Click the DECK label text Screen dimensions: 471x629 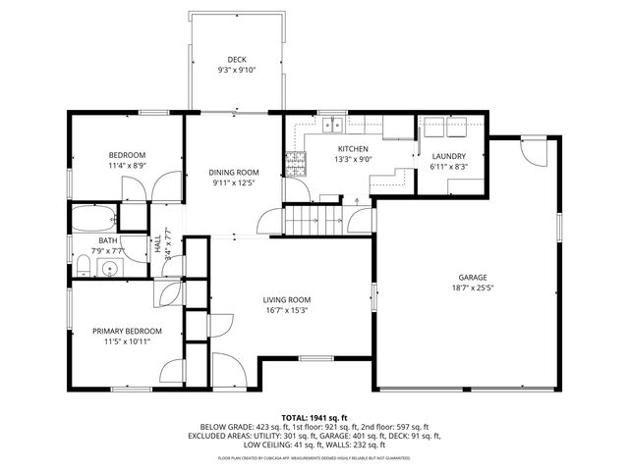[x=237, y=60]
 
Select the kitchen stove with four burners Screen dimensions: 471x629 [x=293, y=163]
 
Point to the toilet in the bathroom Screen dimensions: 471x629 [x=81, y=266]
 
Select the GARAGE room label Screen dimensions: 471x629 [x=473, y=277]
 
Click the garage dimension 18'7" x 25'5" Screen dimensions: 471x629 [x=473, y=288]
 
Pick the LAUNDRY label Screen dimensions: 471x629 [x=448, y=156]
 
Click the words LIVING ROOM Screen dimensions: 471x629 [x=286, y=299]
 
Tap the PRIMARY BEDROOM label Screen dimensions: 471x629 [x=128, y=331]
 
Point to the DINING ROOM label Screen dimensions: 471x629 [x=235, y=172]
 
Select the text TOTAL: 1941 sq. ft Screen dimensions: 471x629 [x=314, y=417]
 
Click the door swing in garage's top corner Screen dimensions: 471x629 [x=536, y=152]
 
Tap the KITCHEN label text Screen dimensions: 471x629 [x=352, y=148]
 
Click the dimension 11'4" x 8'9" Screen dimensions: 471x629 [x=127, y=166]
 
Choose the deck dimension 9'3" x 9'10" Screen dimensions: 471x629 [x=237, y=71]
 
